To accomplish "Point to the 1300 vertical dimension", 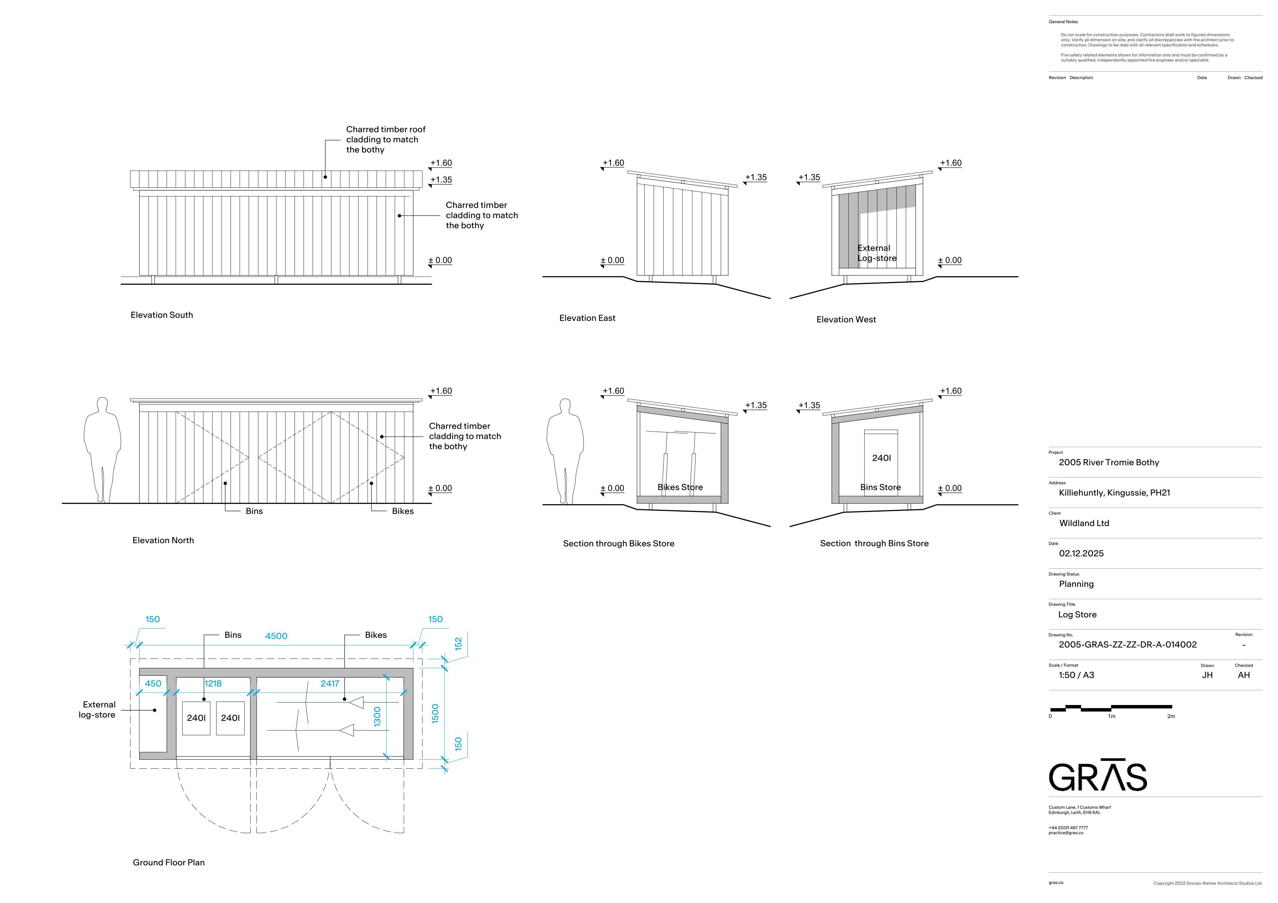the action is coord(378,717).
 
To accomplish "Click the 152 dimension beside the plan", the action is coord(459,644).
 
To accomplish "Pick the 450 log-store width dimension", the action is coord(153,684).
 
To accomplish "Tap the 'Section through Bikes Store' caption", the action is coord(618,543).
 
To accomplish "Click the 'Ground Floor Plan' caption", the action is coord(169,862).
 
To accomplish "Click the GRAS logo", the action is coord(1098,775).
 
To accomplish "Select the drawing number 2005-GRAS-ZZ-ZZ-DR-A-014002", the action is coord(1128,644).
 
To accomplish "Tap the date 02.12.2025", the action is coord(1081,553).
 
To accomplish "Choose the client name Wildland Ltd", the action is coord(1084,523).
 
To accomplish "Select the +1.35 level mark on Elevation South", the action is coord(441,180).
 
